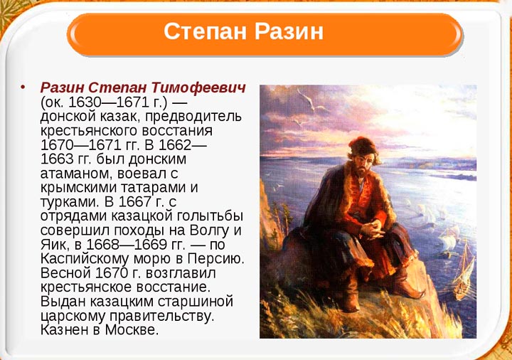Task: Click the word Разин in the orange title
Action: tap(289, 31)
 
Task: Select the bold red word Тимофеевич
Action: tap(198, 88)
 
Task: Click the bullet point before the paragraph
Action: tap(23, 88)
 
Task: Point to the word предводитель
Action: tap(193, 117)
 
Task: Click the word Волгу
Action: tap(210, 231)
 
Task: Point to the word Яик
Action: tap(53, 245)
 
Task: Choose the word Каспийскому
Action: tap(85, 259)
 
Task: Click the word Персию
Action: tap(216, 259)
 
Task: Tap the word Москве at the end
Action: tap(132, 329)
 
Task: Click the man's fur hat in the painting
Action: tap(363, 146)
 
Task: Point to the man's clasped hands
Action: tap(373, 228)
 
